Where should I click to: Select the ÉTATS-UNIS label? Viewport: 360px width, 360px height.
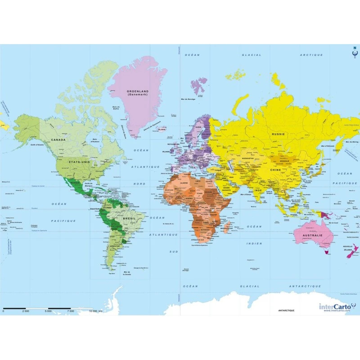coord(78,161)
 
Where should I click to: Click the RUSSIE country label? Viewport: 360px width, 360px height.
coord(278,134)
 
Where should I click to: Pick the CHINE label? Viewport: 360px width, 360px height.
coord(275,170)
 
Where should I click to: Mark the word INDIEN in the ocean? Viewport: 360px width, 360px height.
coord(253,243)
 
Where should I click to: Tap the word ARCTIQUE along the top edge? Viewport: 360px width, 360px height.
coord(312,55)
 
